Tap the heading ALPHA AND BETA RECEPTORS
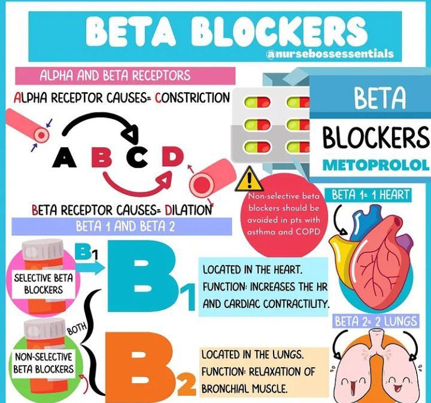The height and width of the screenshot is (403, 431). click(115, 76)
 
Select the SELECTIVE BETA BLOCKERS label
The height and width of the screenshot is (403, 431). click(39, 283)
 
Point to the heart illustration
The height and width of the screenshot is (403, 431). click(371, 251)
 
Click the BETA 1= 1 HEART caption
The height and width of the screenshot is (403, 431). click(371, 194)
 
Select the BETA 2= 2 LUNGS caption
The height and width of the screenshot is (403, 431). click(375, 322)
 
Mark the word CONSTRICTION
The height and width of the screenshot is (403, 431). click(192, 97)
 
